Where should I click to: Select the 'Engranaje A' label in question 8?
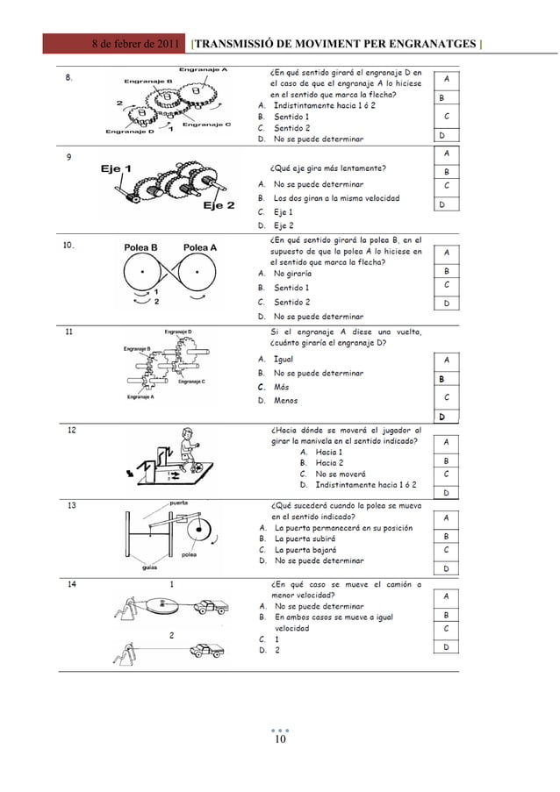coord(204,69)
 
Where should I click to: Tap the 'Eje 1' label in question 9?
coord(116,169)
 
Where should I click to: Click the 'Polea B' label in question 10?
coord(140,248)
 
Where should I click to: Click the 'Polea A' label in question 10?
coord(200,248)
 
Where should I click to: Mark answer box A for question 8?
coord(447,79)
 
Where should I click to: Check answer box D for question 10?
coord(447,303)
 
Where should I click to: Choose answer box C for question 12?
coord(447,474)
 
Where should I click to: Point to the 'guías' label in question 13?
coord(150,567)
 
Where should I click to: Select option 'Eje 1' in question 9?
coord(283,212)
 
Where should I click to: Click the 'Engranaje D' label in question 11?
coord(179,332)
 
